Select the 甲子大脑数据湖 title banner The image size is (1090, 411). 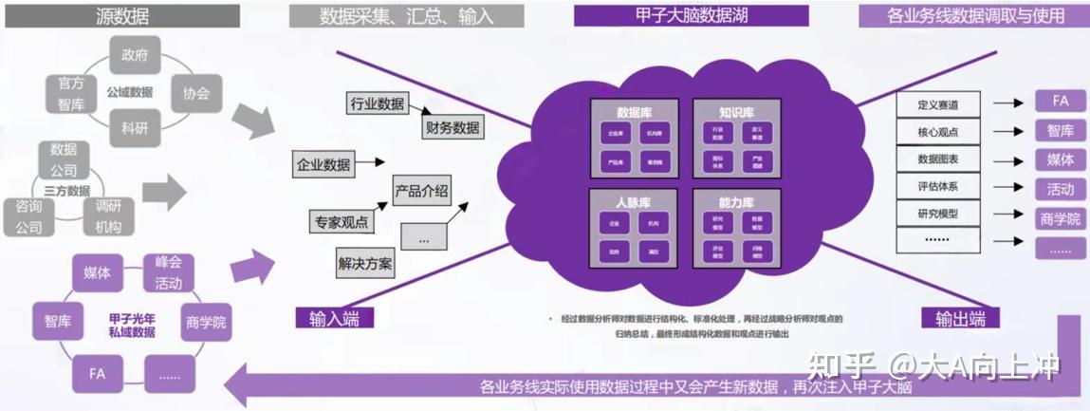(x=690, y=15)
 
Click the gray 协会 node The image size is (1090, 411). (x=194, y=93)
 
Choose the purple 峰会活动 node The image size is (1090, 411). (x=169, y=271)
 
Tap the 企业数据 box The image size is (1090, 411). (x=323, y=164)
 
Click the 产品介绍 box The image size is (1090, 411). (x=421, y=189)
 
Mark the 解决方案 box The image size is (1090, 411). (x=364, y=263)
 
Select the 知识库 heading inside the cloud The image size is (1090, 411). (x=736, y=111)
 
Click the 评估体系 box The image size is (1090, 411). (x=939, y=186)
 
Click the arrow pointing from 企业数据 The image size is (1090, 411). (x=370, y=163)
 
